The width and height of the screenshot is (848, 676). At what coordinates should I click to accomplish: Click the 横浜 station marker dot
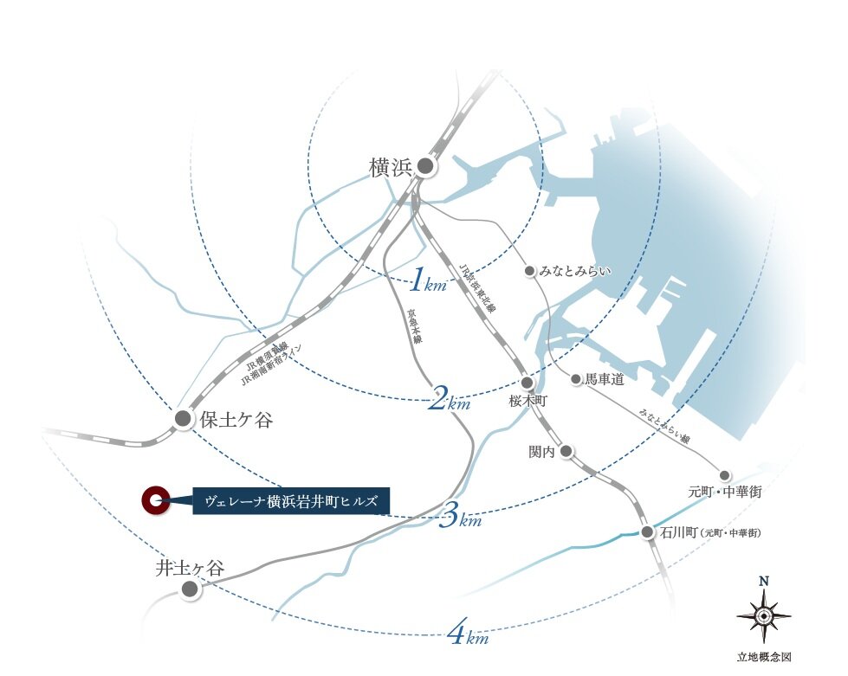click(x=425, y=166)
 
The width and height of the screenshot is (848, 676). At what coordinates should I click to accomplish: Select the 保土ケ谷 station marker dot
click(x=183, y=419)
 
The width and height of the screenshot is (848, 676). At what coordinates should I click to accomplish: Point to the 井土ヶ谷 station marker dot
click(x=190, y=589)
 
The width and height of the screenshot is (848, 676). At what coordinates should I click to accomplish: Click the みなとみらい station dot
click(x=530, y=271)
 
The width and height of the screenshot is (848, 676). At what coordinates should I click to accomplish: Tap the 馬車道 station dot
click(x=575, y=378)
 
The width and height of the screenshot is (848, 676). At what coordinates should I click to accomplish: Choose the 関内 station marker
click(x=566, y=451)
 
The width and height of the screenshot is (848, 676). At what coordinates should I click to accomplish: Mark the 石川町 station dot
click(x=647, y=531)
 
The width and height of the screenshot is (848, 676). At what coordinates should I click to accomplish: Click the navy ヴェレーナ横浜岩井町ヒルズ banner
click(x=291, y=500)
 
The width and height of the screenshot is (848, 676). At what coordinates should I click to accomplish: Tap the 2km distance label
click(x=449, y=400)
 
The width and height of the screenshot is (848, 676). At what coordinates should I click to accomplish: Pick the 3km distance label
click(x=459, y=518)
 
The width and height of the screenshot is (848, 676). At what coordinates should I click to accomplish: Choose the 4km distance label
click(x=468, y=635)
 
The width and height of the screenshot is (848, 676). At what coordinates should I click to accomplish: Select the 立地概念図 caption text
click(x=763, y=657)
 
